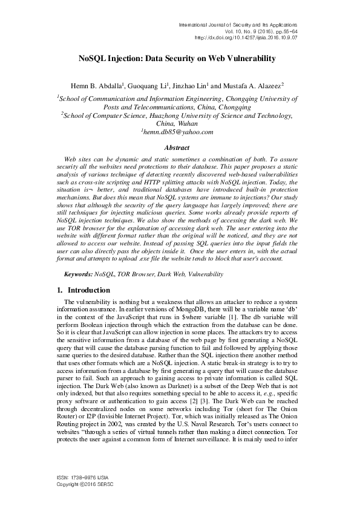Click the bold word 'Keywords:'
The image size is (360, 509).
point(79,274)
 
